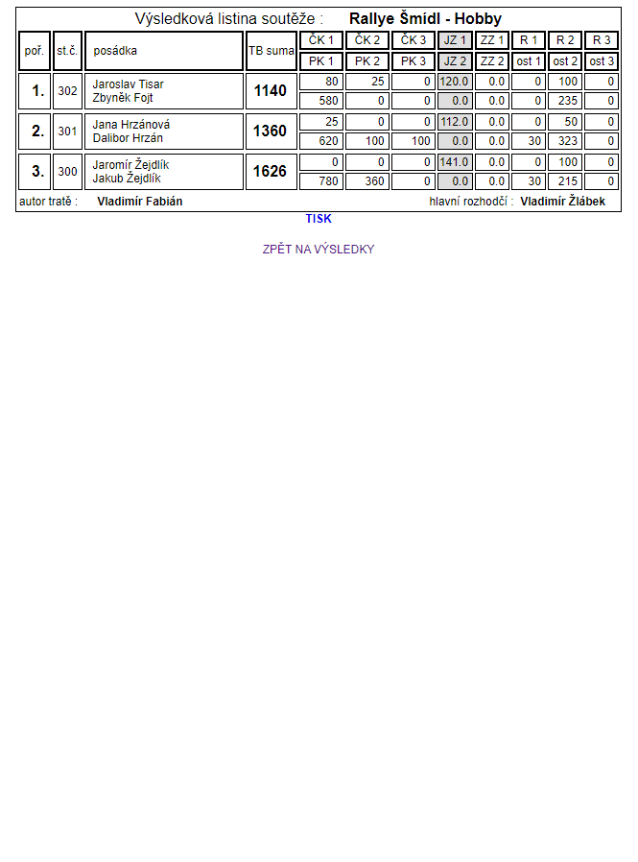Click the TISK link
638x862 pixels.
(x=319, y=219)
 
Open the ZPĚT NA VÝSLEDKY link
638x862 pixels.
(x=319, y=250)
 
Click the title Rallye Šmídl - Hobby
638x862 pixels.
(x=425, y=19)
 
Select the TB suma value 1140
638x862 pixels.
(x=271, y=91)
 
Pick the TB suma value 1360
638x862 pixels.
(x=271, y=132)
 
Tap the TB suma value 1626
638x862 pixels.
(x=271, y=172)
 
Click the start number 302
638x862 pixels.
(x=67, y=91)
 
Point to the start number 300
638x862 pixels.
(x=67, y=172)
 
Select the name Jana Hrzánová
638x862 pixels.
(x=131, y=125)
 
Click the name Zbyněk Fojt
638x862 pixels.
(x=123, y=98)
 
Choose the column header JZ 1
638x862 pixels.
(x=455, y=40)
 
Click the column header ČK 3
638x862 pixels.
(x=414, y=40)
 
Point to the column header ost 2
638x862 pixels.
(x=565, y=61)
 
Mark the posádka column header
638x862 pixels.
(x=115, y=51)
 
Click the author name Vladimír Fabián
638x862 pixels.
(x=140, y=202)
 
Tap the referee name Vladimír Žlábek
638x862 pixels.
(x=563, y=202)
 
